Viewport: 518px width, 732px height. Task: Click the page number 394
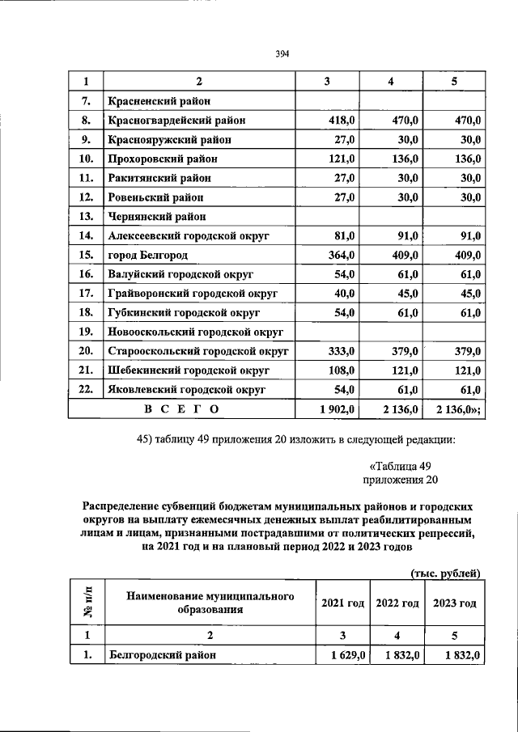(282, 54)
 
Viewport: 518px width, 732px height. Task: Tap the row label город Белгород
(147, 256)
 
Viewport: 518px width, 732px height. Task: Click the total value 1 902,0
(338, 410)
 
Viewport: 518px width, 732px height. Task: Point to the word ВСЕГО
(181, 410)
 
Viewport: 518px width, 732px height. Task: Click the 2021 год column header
(342, 604)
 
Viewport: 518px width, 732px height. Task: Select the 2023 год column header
(454, 604)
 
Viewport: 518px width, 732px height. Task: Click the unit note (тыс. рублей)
(446, 573)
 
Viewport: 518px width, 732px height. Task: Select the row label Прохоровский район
(162, 159)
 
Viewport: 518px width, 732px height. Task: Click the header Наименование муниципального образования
(209, 603)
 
